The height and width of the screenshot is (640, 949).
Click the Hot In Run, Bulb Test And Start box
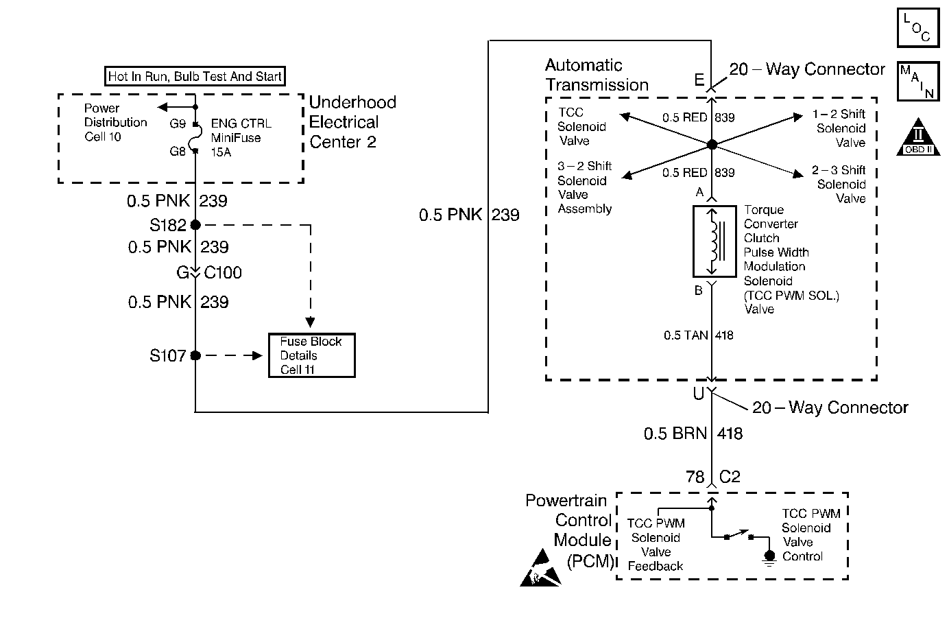click(x=195, y=76)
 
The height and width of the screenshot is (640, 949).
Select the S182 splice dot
click(x=195, y=224)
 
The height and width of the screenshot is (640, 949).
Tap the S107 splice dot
click(x=195, y=355)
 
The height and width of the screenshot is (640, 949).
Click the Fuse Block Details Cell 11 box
click(x=311, y=355)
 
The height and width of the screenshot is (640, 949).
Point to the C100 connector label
click(x=223, y=273)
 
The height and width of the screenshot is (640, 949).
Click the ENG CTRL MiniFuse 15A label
click(x=240, y=138)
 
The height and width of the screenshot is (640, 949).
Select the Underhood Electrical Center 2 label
click(x=352, y=122)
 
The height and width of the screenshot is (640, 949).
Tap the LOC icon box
click(x=917, y=28)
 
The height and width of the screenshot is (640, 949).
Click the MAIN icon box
click(x=917, y=81)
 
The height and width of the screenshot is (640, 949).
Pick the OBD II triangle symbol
click(x=917, y=137)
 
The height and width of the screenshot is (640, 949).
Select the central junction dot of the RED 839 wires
click(x=712, y=145)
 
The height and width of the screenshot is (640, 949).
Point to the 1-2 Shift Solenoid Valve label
click(x=840, y=128)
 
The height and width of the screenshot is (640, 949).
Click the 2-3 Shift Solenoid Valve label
click(x=840, y=185)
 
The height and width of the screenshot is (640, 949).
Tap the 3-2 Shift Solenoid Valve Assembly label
click(x=584, y=187)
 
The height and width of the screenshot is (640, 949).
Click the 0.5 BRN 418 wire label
click(x=693, y=434)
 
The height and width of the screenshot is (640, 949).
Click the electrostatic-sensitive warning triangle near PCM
click(x=540, y=569)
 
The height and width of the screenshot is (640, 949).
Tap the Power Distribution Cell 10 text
click(x=115, y=122)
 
